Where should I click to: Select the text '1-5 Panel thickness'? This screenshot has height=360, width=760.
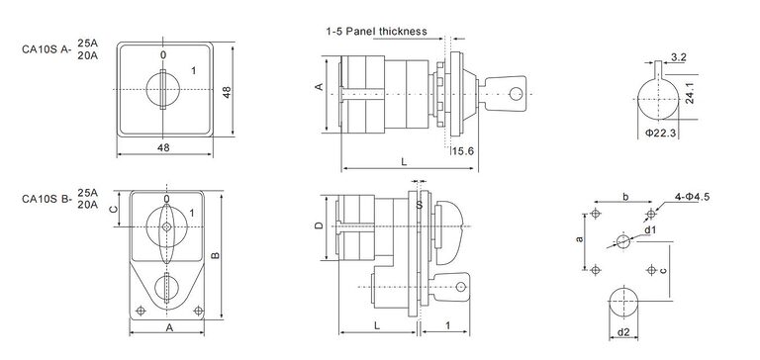click(x=376, y=31)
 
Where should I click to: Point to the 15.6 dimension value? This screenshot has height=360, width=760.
click(x=463, y=151)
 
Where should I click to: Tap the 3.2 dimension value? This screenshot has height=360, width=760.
click(x=680, y=58)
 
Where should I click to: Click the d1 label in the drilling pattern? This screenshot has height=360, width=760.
click(x=649, y=229)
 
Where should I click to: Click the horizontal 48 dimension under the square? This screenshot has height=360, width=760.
click(x=164, y=148)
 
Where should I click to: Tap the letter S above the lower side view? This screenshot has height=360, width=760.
click(x=420, y=206)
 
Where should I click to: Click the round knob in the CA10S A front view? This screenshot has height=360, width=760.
click(x=163, y=89)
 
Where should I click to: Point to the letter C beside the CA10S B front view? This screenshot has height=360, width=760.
click(x=112, y=209)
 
